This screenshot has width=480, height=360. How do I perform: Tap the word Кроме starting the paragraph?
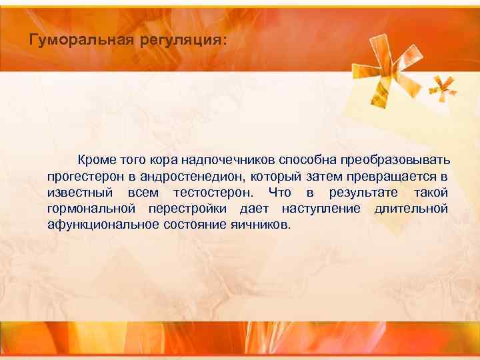point(97,161)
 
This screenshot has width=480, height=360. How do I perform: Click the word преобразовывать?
point(395,161)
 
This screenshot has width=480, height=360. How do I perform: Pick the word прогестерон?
point(84,177)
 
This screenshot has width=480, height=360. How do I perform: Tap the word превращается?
point(393,177)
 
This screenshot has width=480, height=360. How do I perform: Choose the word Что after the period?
point(279,193)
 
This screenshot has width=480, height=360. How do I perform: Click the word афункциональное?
point(103,225)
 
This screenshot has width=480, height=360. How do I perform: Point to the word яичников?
point(261,225)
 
